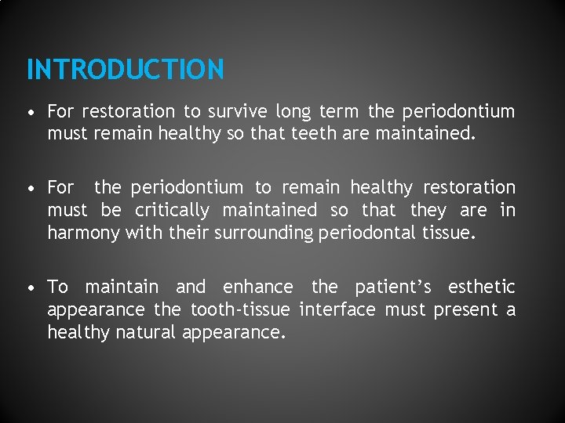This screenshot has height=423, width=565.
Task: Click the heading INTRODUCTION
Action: click(125, 70)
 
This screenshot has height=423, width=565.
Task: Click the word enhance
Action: click(258, 287)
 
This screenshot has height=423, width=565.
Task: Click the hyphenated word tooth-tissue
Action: click(239, 310)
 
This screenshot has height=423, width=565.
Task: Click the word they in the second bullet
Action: click(428, 211)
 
